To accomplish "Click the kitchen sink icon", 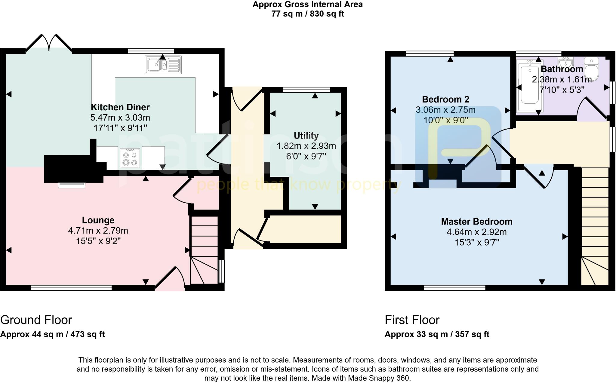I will point(163,65).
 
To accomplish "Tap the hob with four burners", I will point(130,158).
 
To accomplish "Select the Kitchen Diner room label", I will point(120,107).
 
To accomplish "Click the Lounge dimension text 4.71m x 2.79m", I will point(98,231).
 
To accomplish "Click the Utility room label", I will point(306,136).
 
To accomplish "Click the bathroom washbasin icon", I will point(565,63).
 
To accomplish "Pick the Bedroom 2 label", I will point(445,99).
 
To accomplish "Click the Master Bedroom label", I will point(477,222).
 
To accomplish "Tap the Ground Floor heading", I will point(36,320).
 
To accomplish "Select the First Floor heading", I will point(412,320).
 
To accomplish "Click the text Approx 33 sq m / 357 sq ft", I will point(437,334).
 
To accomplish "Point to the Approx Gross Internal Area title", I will point(307,5).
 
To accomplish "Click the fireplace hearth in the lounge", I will point(72,185).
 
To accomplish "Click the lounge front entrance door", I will point(170,280).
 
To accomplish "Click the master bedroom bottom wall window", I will point(454,288).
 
